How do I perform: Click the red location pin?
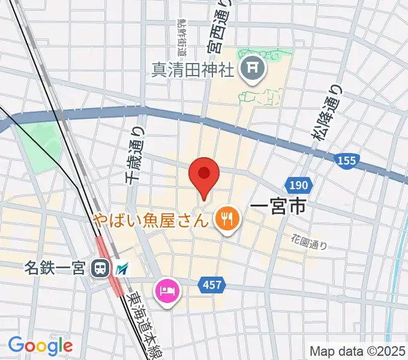203,176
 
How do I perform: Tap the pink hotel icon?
166,292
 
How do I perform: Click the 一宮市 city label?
278,208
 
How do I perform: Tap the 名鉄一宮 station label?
56,268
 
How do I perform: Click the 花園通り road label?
310,241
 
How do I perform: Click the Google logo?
40,345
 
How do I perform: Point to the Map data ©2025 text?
356,350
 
